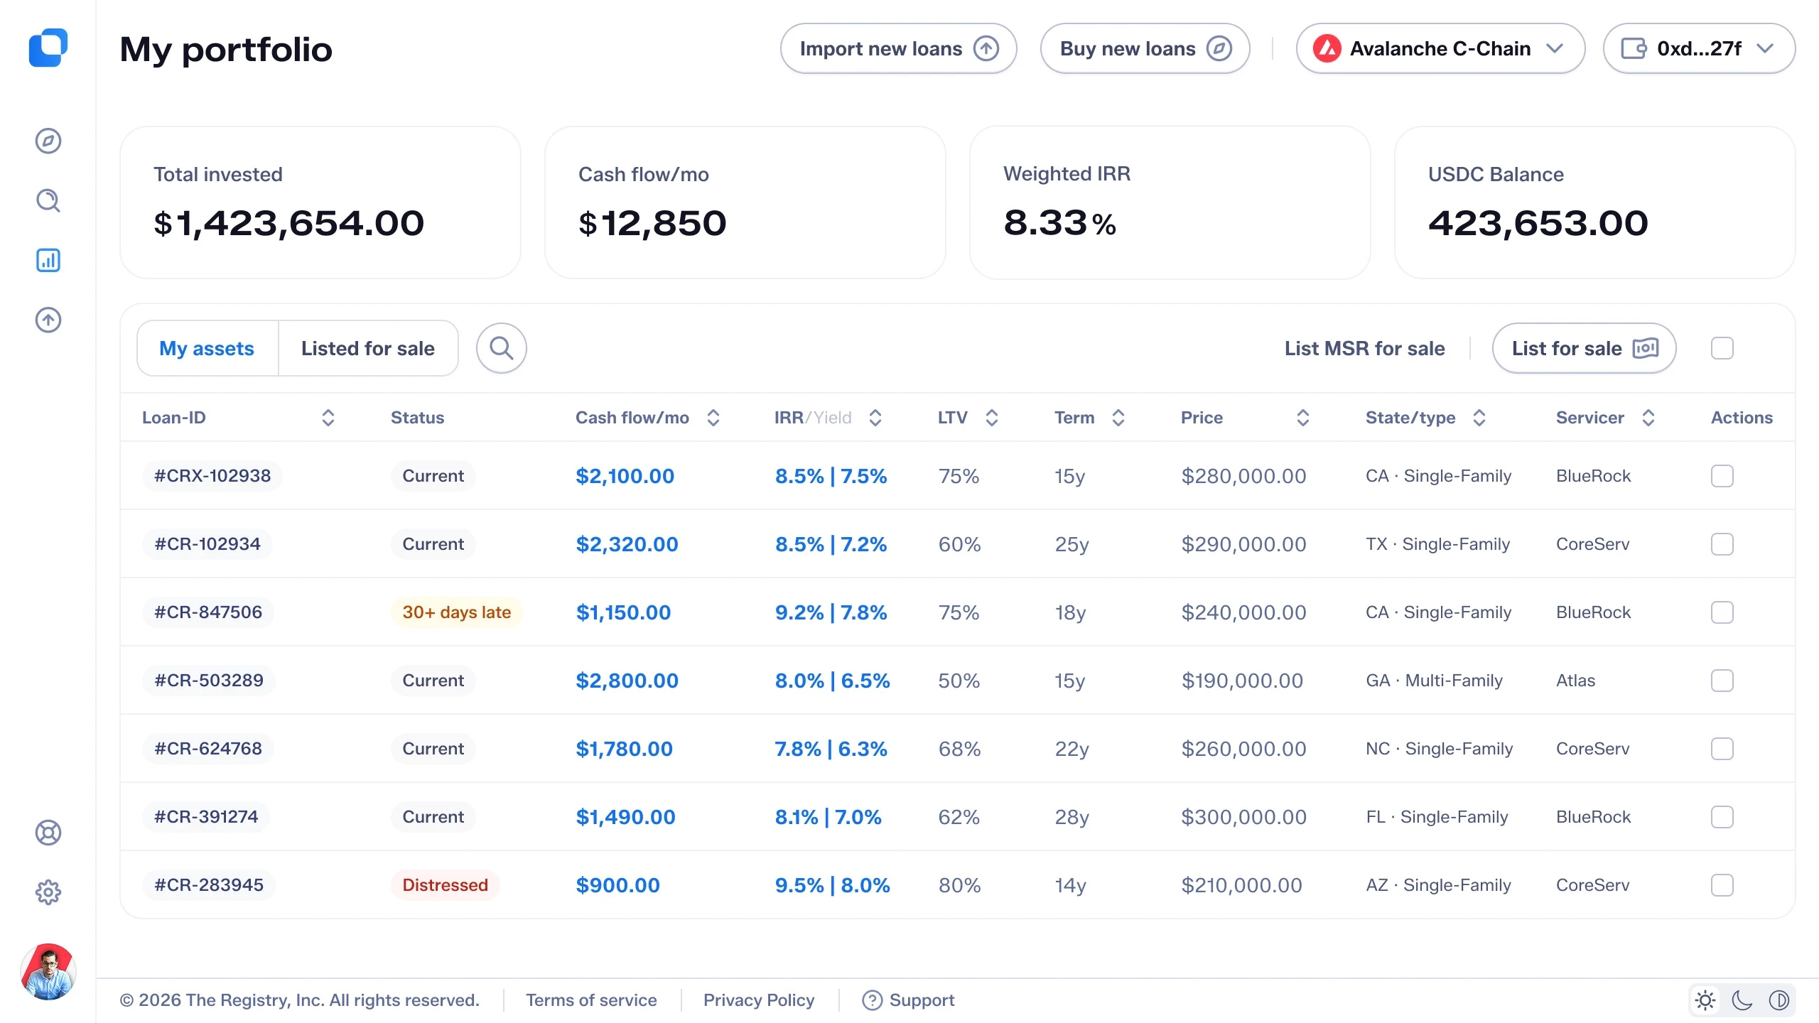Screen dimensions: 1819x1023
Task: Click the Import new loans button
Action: point(898,48)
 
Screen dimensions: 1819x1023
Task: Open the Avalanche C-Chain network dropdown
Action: point(1440,48)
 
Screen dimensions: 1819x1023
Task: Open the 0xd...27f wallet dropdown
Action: point(1699,48)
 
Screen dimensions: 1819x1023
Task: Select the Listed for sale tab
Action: point(368,348)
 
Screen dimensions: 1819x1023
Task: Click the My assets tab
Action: point(207,348)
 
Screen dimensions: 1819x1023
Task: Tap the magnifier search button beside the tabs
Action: point(501,348)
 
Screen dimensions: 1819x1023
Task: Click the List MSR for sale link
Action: point(1364,348)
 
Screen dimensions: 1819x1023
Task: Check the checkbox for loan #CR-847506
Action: point(1722,612)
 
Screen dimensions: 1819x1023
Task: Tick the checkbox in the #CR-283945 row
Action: point(1722,885)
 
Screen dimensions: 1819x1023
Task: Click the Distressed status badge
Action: point(445,885)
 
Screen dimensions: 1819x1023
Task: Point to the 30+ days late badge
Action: point(456,612)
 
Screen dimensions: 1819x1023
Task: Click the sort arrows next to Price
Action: point(1303,418)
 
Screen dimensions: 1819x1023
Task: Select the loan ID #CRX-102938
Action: point(212,476)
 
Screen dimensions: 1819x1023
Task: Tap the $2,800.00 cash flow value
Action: point(627,681)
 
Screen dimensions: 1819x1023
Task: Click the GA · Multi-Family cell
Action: point(1434,681)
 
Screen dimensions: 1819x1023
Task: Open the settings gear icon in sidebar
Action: point(48,892)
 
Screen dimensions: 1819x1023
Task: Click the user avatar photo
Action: point(48,972)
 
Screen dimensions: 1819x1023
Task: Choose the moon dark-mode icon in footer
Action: point(1742,1000)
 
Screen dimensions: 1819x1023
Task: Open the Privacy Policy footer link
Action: point(759,1000)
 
